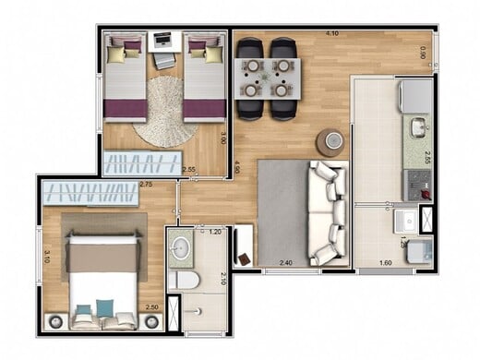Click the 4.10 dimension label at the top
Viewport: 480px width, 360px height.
tap(331, 34)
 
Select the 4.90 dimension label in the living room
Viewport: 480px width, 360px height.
tap(238, 168)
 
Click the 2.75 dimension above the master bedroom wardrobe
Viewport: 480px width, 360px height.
tap(146, 185)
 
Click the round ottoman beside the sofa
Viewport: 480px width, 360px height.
tap(330, 141)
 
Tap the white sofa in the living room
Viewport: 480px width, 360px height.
tap(326, 212)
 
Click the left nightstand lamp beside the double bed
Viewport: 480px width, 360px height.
tap(54, 320)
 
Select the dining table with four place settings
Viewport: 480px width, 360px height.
tap(268, 78)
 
